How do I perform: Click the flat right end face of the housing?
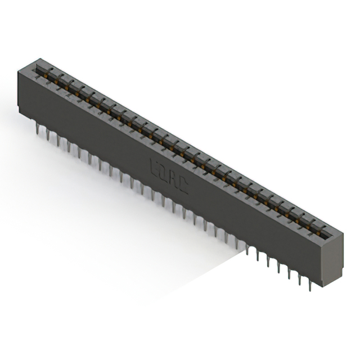(332, 259)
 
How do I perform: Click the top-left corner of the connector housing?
(19, 67)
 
